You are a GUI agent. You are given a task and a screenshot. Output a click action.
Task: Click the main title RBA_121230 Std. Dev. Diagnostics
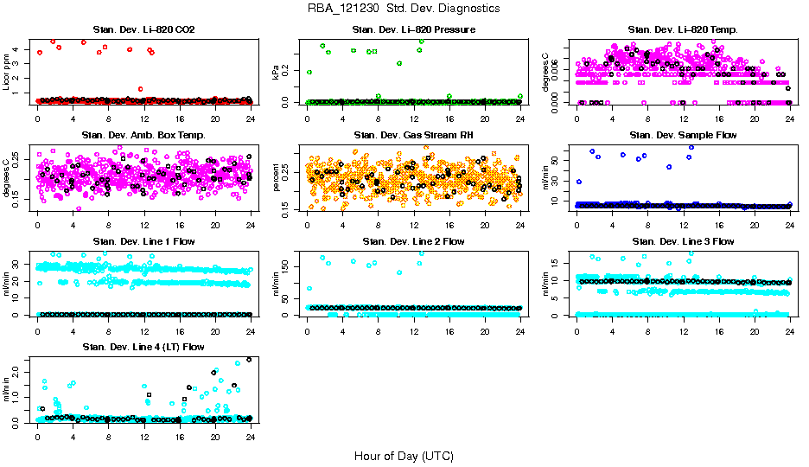coord(404,9)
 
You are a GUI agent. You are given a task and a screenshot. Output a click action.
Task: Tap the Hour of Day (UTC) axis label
coord(404,455)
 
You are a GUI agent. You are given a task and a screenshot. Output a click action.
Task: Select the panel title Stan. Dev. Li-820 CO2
coord(143,30)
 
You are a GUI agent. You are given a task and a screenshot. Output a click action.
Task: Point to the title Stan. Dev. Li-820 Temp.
coord(683,30)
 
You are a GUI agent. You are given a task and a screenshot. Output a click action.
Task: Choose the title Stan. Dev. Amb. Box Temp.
coord(143,135)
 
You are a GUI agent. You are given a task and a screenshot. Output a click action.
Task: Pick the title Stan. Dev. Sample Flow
coord(683,135)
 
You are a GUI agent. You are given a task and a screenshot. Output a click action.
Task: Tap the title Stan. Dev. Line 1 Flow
coord(143,241)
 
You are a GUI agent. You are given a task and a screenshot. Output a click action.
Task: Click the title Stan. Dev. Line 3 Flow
coord(683,241)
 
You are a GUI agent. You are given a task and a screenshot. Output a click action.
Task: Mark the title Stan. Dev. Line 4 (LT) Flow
coord(143,347)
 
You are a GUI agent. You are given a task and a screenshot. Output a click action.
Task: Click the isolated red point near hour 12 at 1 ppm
coord(140,88)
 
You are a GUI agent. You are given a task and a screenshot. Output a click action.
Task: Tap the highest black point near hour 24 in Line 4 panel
coord(249,360)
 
